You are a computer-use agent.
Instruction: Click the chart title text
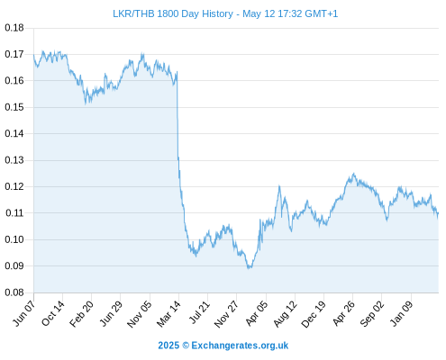point(225,13)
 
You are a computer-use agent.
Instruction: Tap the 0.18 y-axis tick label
point(14,28)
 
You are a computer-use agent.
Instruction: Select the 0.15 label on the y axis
point(14,107)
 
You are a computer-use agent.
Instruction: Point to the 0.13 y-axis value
point(14,160)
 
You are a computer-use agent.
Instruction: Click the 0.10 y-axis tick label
point(14,239)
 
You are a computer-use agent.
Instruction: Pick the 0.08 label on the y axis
point(14,292)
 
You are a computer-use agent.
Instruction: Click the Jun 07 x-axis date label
point(23,313)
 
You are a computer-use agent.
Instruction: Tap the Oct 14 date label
point(53,313)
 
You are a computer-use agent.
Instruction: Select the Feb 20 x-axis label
point(81,313)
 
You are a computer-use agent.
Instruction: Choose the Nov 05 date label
point(139,314)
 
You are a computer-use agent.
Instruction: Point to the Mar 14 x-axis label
point(168,313)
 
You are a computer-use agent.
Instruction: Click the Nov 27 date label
point(226,314)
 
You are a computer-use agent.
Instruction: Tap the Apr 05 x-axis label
point(256,313)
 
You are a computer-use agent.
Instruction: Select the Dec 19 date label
point(314,314)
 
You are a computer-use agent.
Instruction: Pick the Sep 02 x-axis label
point(372,313)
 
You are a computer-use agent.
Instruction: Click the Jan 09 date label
point(402,313)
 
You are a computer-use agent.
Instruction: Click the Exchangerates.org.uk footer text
point(240,346)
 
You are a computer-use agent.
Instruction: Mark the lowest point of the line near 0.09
point(249,268)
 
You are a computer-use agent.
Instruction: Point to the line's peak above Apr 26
point(354,174)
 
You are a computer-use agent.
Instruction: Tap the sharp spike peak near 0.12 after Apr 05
point(279,186)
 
